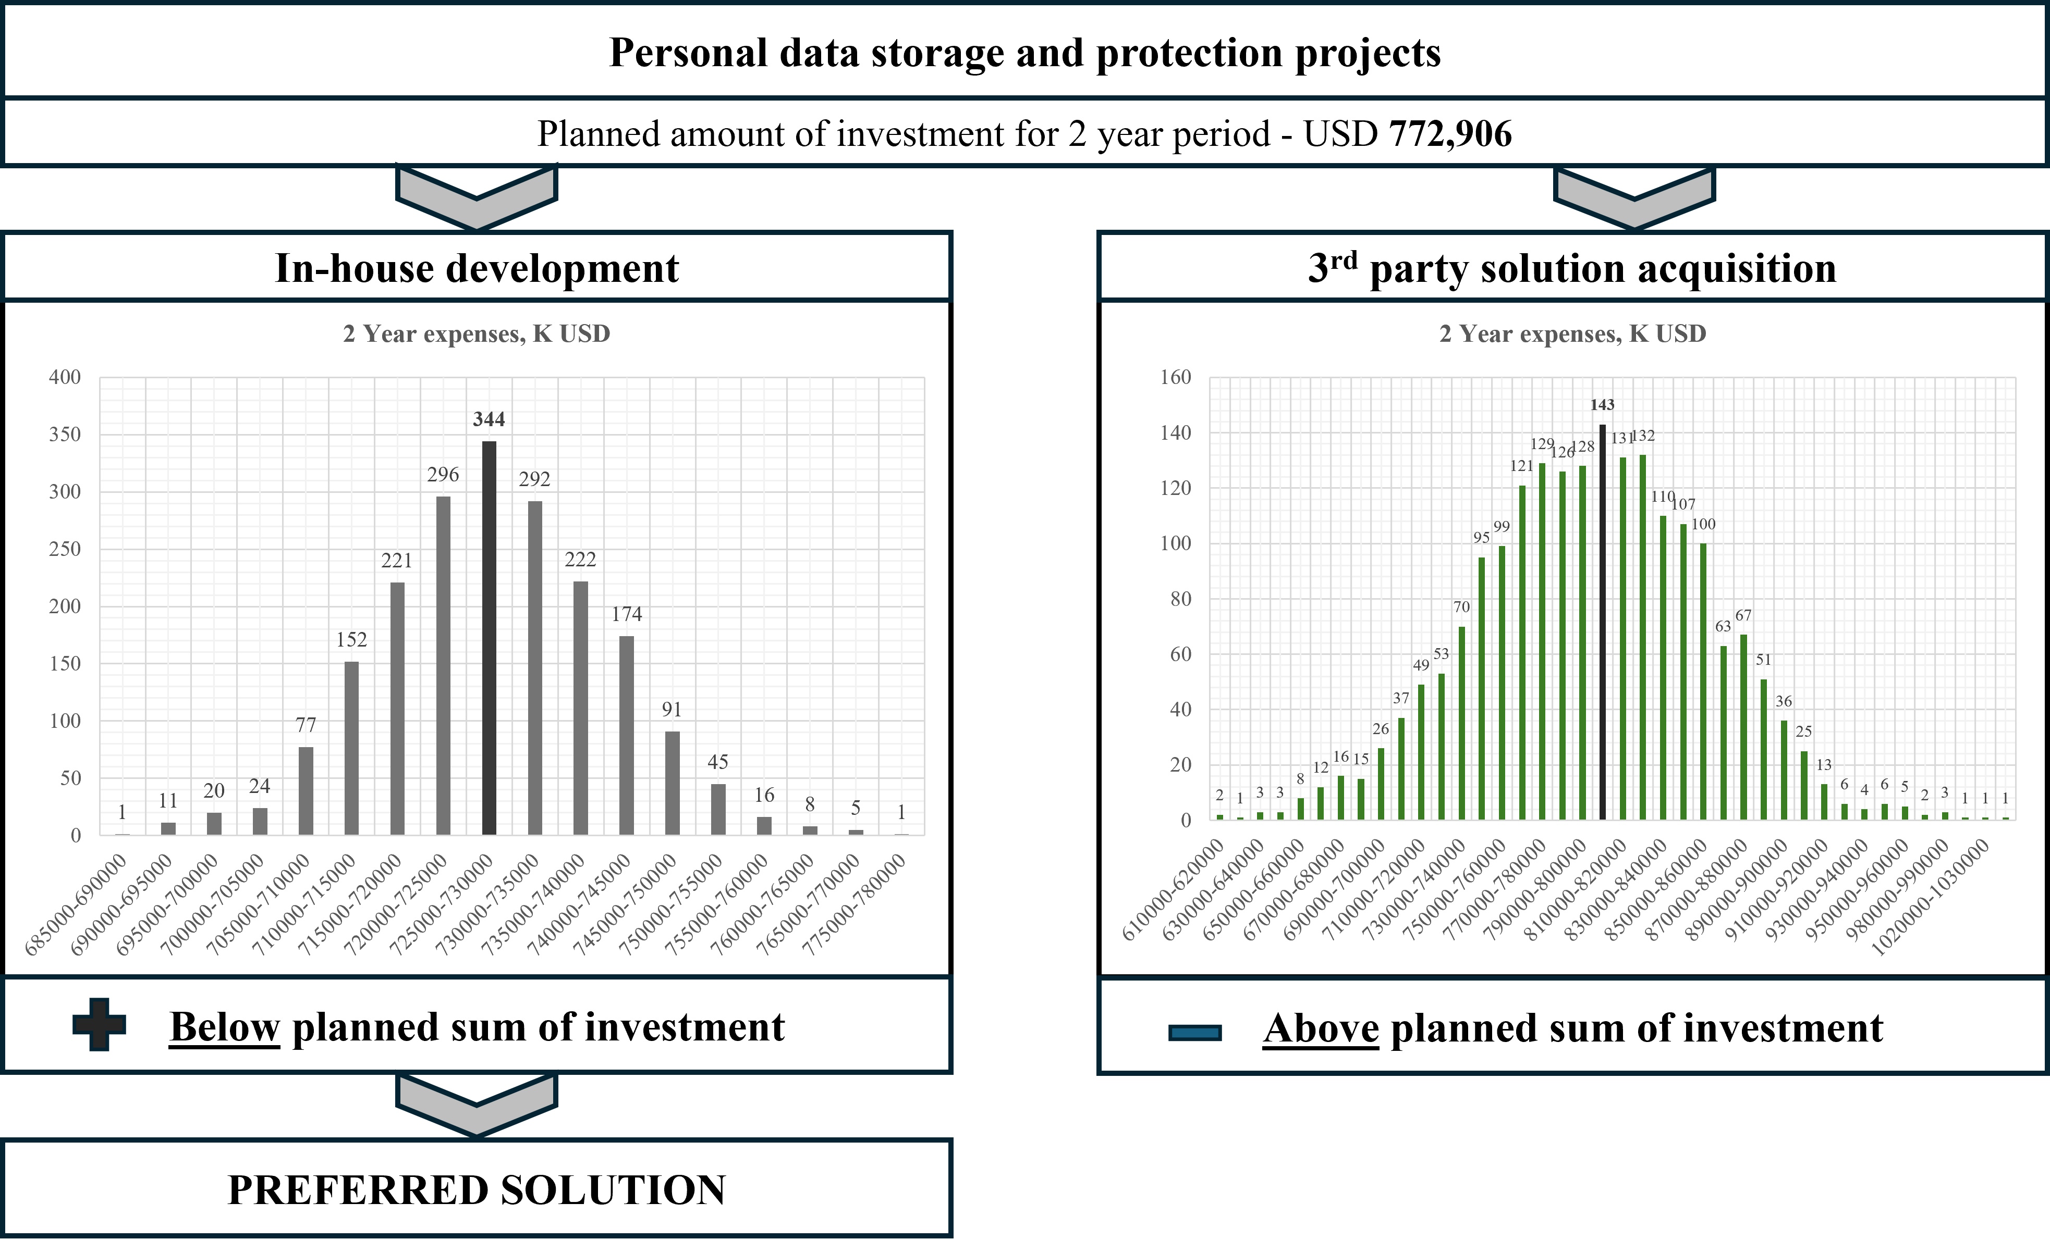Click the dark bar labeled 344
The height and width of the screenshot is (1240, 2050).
[489, 638]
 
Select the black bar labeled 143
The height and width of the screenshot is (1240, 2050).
[1602, 622]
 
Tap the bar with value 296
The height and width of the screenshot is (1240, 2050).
[444, 665]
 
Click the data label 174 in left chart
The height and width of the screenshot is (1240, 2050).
[627, 614]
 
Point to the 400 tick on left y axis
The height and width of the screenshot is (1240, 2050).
[65, 377]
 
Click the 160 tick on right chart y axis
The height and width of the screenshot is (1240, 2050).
[1176, 377]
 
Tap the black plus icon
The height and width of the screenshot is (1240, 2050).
[99, 1025]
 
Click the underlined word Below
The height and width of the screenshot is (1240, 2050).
[225, 1027]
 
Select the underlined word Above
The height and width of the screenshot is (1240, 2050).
[1321, 1029]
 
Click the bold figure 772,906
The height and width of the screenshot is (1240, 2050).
[1450, 134]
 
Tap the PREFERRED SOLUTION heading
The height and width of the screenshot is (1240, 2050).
[477, 1189]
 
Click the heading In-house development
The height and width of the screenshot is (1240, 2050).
[477, 268]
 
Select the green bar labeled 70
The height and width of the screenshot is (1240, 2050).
[1462, 723]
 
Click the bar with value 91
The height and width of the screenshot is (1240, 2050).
[672, 783]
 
